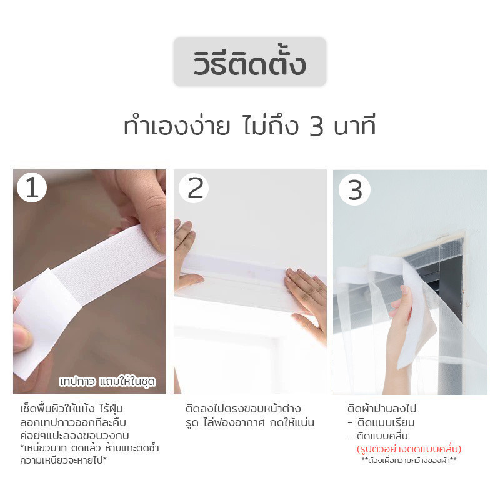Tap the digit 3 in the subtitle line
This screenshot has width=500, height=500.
[x=316, y=127]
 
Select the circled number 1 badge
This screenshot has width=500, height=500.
[x=32, y=187]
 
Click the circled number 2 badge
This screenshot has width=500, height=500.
[x=194, y=189]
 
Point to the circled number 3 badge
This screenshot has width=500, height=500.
[x=354, y=190]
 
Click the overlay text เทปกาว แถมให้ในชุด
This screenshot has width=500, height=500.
[x=107, y=382]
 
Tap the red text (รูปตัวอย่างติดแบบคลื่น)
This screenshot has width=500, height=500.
[x=409, y=449]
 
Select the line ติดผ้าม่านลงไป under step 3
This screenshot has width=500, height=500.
[x=382, y=409]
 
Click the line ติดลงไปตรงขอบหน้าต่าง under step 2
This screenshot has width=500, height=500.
[x=243, y=409]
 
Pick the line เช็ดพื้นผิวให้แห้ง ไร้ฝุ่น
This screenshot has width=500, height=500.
[x=71, y=409]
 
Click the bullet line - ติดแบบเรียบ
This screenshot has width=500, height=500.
[x=381, y=422]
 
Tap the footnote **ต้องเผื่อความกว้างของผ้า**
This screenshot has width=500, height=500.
[x=409, y=460]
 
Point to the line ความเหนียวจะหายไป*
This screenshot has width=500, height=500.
[x=63, y=461]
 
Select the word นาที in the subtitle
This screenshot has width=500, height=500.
[x=354, y=126]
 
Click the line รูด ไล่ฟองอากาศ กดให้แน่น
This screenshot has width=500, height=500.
[x=250, y=422]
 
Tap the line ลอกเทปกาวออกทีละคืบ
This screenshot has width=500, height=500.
[x=73, y=422]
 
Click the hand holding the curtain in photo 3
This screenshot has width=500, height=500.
[x=402, y=338]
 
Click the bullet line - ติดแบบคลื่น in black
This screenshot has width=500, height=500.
[x=378, y=436]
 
